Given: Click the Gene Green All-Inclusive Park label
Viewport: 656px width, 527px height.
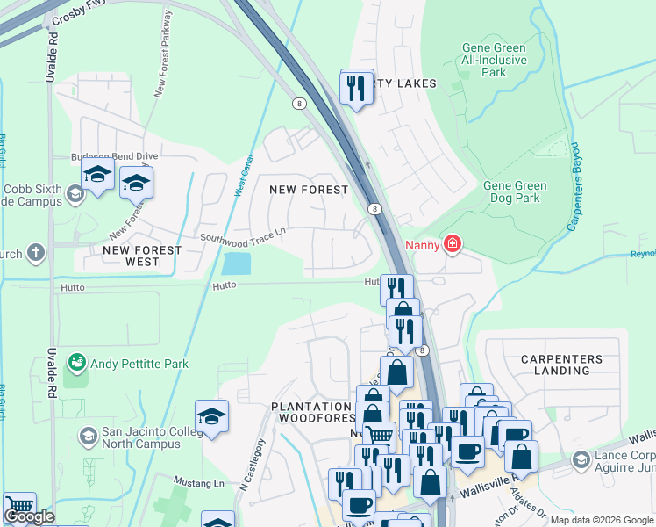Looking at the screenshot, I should (496, 59).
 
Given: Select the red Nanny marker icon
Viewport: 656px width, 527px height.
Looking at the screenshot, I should (452, 243).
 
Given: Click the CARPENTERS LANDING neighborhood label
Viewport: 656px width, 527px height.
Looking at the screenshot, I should (561, 365).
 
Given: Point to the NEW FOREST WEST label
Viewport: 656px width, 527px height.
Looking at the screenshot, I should (142, 256).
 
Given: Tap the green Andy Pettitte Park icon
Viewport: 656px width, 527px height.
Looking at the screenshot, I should (78, 362).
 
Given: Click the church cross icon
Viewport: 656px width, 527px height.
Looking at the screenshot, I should (35, 254).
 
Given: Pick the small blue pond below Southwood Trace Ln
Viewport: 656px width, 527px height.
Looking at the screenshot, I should (236, 262).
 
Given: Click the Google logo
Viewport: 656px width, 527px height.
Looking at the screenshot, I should (29, 516).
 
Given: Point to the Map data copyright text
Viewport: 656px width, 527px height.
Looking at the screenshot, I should (601, 520).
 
